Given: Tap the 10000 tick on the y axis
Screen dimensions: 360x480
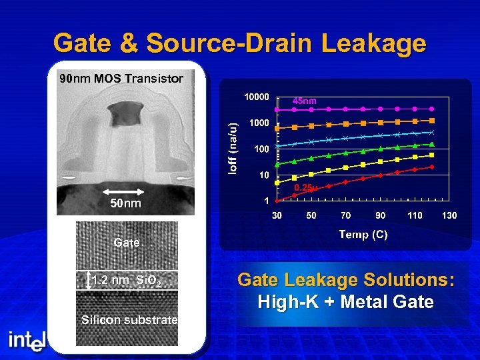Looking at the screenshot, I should [257, 97].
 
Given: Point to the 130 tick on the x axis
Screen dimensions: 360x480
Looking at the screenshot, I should [449, 215].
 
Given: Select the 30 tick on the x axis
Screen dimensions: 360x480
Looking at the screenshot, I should [277, 215].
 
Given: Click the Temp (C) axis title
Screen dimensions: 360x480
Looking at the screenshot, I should [363, 234].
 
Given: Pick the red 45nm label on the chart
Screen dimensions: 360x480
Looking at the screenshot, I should [305, 101].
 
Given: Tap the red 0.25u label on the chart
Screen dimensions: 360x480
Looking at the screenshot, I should [305, 188].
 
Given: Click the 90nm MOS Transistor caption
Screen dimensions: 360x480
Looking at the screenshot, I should [121, 79].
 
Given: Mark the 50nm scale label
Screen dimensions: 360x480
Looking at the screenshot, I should [126, 203].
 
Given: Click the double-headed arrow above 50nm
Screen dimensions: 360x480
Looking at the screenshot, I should [126, 191].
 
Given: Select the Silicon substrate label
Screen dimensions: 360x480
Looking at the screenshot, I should [129, 320].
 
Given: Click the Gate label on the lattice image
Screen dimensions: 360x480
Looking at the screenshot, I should [127, 243].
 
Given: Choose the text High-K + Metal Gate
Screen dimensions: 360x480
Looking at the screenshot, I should [345, 302].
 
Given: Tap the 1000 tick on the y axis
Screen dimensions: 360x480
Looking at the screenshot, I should [259, 123].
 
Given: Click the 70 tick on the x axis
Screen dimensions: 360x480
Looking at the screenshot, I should [346, 215].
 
